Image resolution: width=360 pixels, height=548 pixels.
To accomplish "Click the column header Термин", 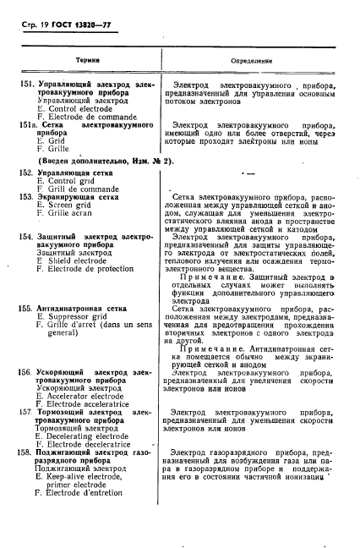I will tap(87, 61).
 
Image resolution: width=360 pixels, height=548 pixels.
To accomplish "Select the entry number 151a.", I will tap(32, 125).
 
